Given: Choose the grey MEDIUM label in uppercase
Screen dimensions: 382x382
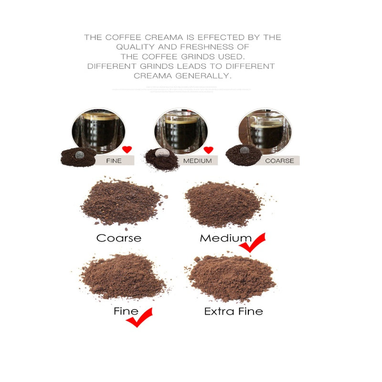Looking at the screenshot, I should (x=197, y=161).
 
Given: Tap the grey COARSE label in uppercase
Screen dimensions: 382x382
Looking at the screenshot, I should (x=279, y=160).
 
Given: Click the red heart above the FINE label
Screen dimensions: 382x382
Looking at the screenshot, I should (x=127, y=149).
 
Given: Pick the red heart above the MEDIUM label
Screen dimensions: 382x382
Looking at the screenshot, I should (x=208, y=150).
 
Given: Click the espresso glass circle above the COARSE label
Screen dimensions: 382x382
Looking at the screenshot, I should (x=265, y=130).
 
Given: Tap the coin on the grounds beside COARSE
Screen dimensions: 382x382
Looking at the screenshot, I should (x=245, y=150).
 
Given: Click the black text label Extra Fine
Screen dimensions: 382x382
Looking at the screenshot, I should (x=233, y=311).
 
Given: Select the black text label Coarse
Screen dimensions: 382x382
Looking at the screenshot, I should (x=119, y=238).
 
